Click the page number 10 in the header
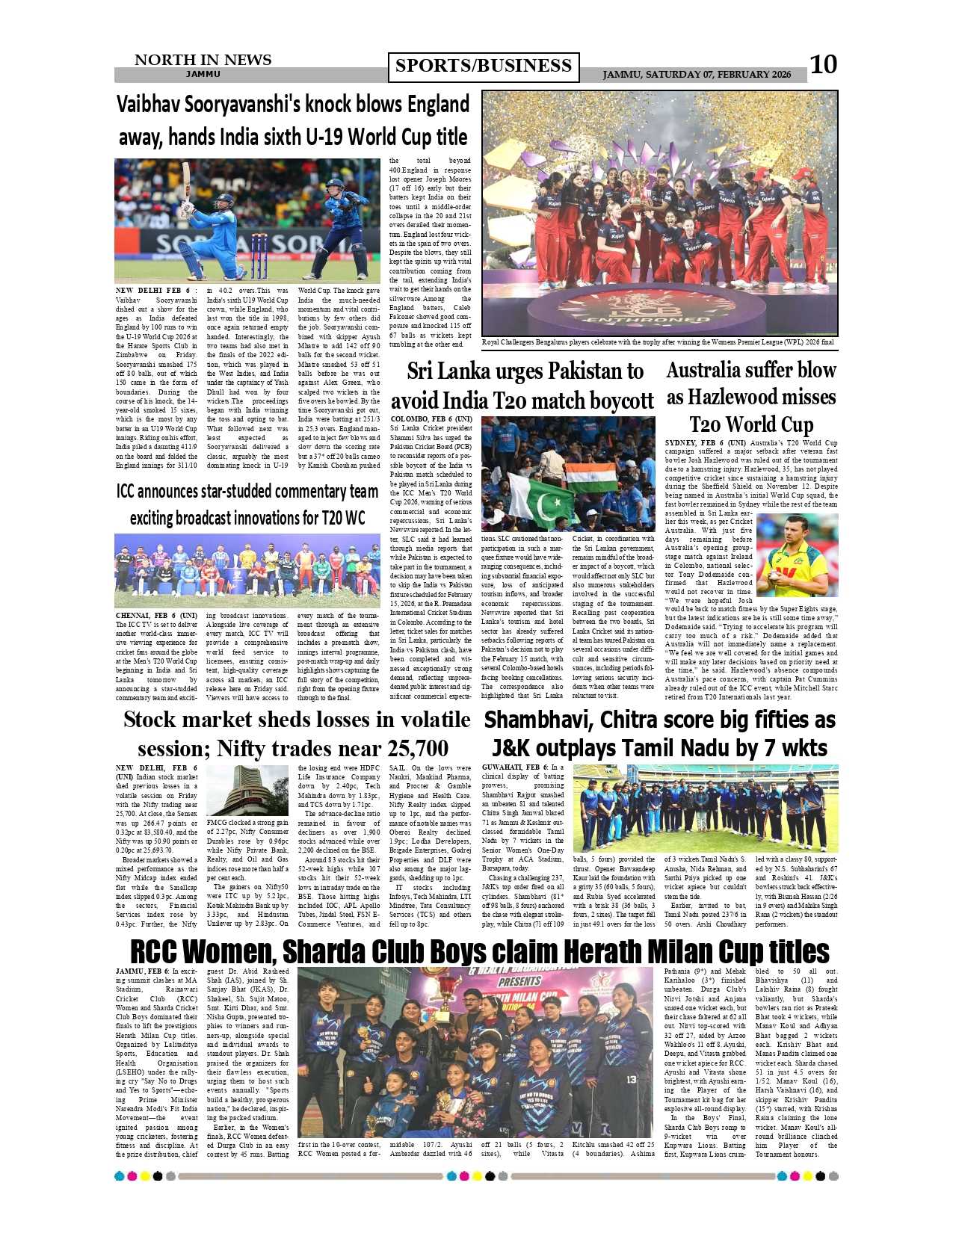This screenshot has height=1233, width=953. point(823,65)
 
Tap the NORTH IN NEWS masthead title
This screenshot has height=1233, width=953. point(203,60)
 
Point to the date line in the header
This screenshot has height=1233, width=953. point(697,75)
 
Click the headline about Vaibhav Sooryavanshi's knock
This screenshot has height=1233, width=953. point(293,120)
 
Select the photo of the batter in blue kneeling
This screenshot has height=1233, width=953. point(247,220)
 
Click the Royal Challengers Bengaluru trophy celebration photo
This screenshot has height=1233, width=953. point(659,213)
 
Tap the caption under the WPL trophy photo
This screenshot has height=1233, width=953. point(658,342)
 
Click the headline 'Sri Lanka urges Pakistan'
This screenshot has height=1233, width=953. point(522,386)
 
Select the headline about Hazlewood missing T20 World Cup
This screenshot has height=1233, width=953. point(751,397)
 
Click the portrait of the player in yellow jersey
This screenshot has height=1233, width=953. point(797,555)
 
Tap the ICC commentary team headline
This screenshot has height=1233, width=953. point(247,504)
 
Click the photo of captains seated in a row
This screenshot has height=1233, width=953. point(247,570)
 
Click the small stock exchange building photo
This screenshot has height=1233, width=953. point(247,790)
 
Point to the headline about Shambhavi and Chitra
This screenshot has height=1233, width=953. point(659,734)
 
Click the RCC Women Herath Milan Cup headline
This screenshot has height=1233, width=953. point(479,952)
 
